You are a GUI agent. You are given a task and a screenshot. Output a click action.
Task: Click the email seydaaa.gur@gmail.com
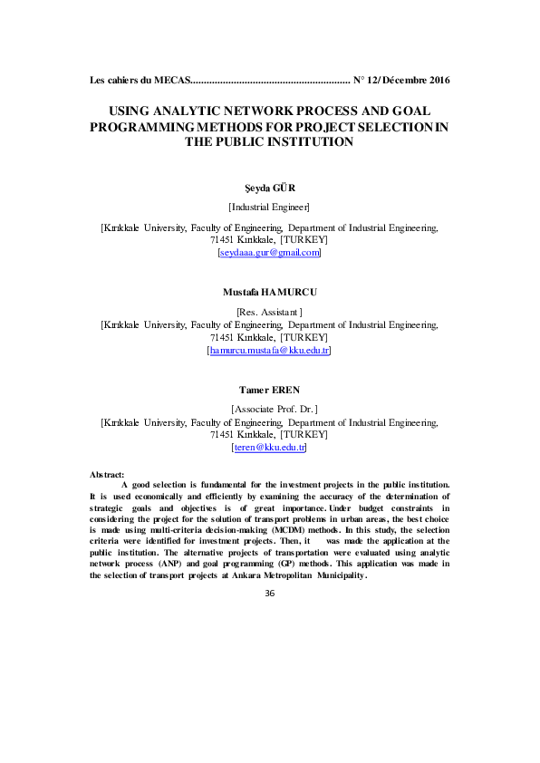[269, 253]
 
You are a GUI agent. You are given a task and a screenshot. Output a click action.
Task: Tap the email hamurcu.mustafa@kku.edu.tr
[269, 350]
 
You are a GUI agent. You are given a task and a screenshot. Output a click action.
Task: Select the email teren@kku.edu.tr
[269, 448]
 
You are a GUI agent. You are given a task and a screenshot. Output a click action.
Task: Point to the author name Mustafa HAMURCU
[269, 292]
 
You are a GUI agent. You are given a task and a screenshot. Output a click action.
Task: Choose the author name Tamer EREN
[269, 390]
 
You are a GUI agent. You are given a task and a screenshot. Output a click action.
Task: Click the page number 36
[269, 593]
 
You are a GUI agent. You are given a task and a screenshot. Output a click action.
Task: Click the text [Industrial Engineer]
[269, 208]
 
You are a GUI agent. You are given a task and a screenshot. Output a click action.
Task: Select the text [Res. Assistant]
[269, 312]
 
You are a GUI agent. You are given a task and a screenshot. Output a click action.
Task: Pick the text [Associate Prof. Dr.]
[269, 410]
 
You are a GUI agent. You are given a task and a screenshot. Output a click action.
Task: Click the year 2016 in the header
[435, 81]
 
